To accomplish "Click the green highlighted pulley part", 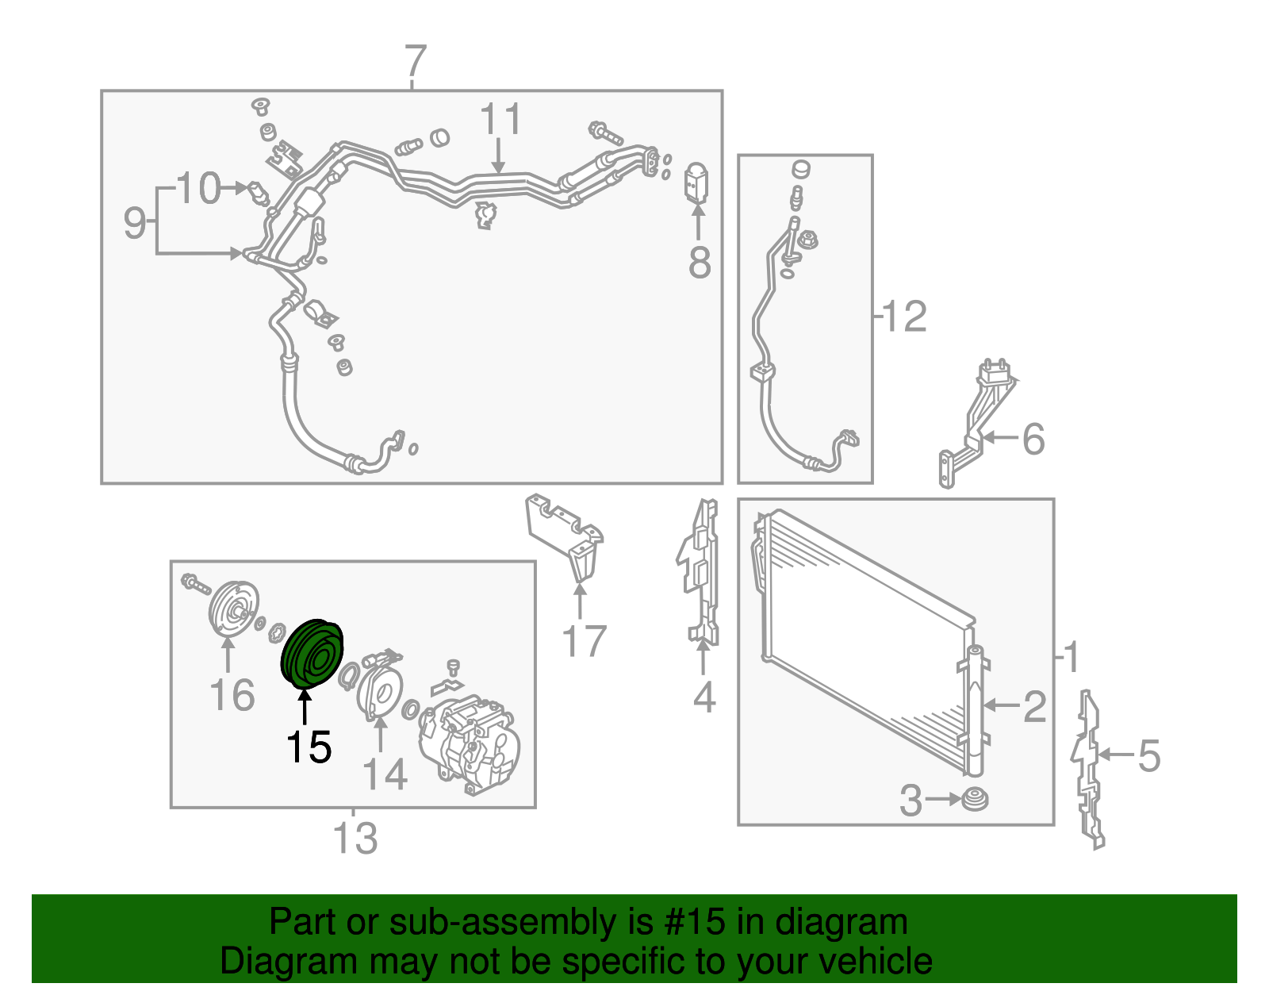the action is (x=312, y=654).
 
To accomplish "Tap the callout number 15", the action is (x=309, y=747).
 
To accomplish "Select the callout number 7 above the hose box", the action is (x=416, y=61).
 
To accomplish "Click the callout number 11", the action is (x=500, y=119).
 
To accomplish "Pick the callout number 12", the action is (x=904, y=317).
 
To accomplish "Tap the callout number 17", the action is (x=584, y=640).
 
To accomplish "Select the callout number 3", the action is (x=911, y=800).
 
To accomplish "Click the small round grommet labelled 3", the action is (x=975, y=800).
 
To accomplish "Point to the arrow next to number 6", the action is (x=1001, y=437).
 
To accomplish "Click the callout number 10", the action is (x=198, y=188).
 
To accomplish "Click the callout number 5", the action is (x=1148, y=755).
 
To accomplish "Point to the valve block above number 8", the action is (x=696, y=182).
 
